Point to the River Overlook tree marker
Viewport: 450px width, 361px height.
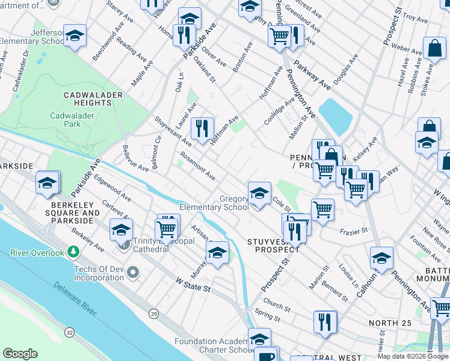(73, 251)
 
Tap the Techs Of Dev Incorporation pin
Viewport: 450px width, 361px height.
(134, 274)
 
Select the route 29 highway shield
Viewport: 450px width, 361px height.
(154, 315)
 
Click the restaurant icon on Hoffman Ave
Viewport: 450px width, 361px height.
(202, 128)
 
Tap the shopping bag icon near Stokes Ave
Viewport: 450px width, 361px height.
(434, 49)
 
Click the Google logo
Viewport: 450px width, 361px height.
(20, 354)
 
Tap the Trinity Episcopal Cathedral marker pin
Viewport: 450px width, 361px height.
(124, 244)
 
